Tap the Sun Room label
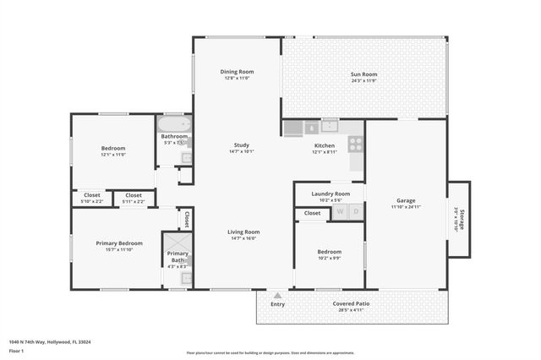click(363, 74)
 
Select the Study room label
click(241, 145)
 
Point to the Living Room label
click(243, 232)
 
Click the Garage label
click(405, 201)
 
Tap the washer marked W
click(341, 211)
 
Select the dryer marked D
click(356, 211)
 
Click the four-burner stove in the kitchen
click(356, 144)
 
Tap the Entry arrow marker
click(277, 296)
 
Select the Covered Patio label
click(351, 303)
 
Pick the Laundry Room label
click(331, 194)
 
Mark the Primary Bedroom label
click(119, 243)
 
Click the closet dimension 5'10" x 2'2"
click(91, 201)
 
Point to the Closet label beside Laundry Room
click(312, 213)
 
